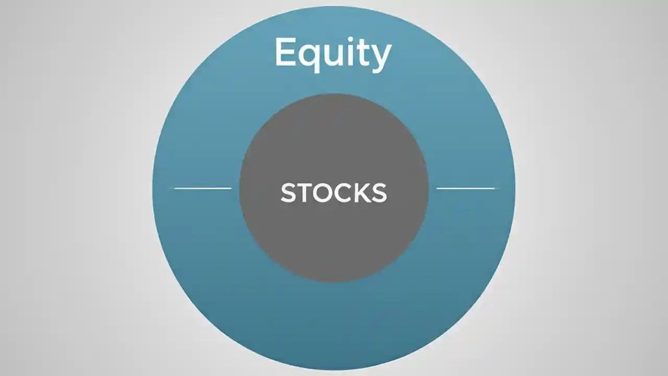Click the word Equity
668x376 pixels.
coord(333,53)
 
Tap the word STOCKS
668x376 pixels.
coord(333,193)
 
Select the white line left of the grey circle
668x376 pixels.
coord(202,188)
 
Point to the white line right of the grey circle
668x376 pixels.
coord(466,188)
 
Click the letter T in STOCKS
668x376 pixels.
coord(306,193)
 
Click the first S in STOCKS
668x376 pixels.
coord(289,193)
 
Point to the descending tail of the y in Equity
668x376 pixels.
coord(378,69)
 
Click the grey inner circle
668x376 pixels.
coord(334,240)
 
